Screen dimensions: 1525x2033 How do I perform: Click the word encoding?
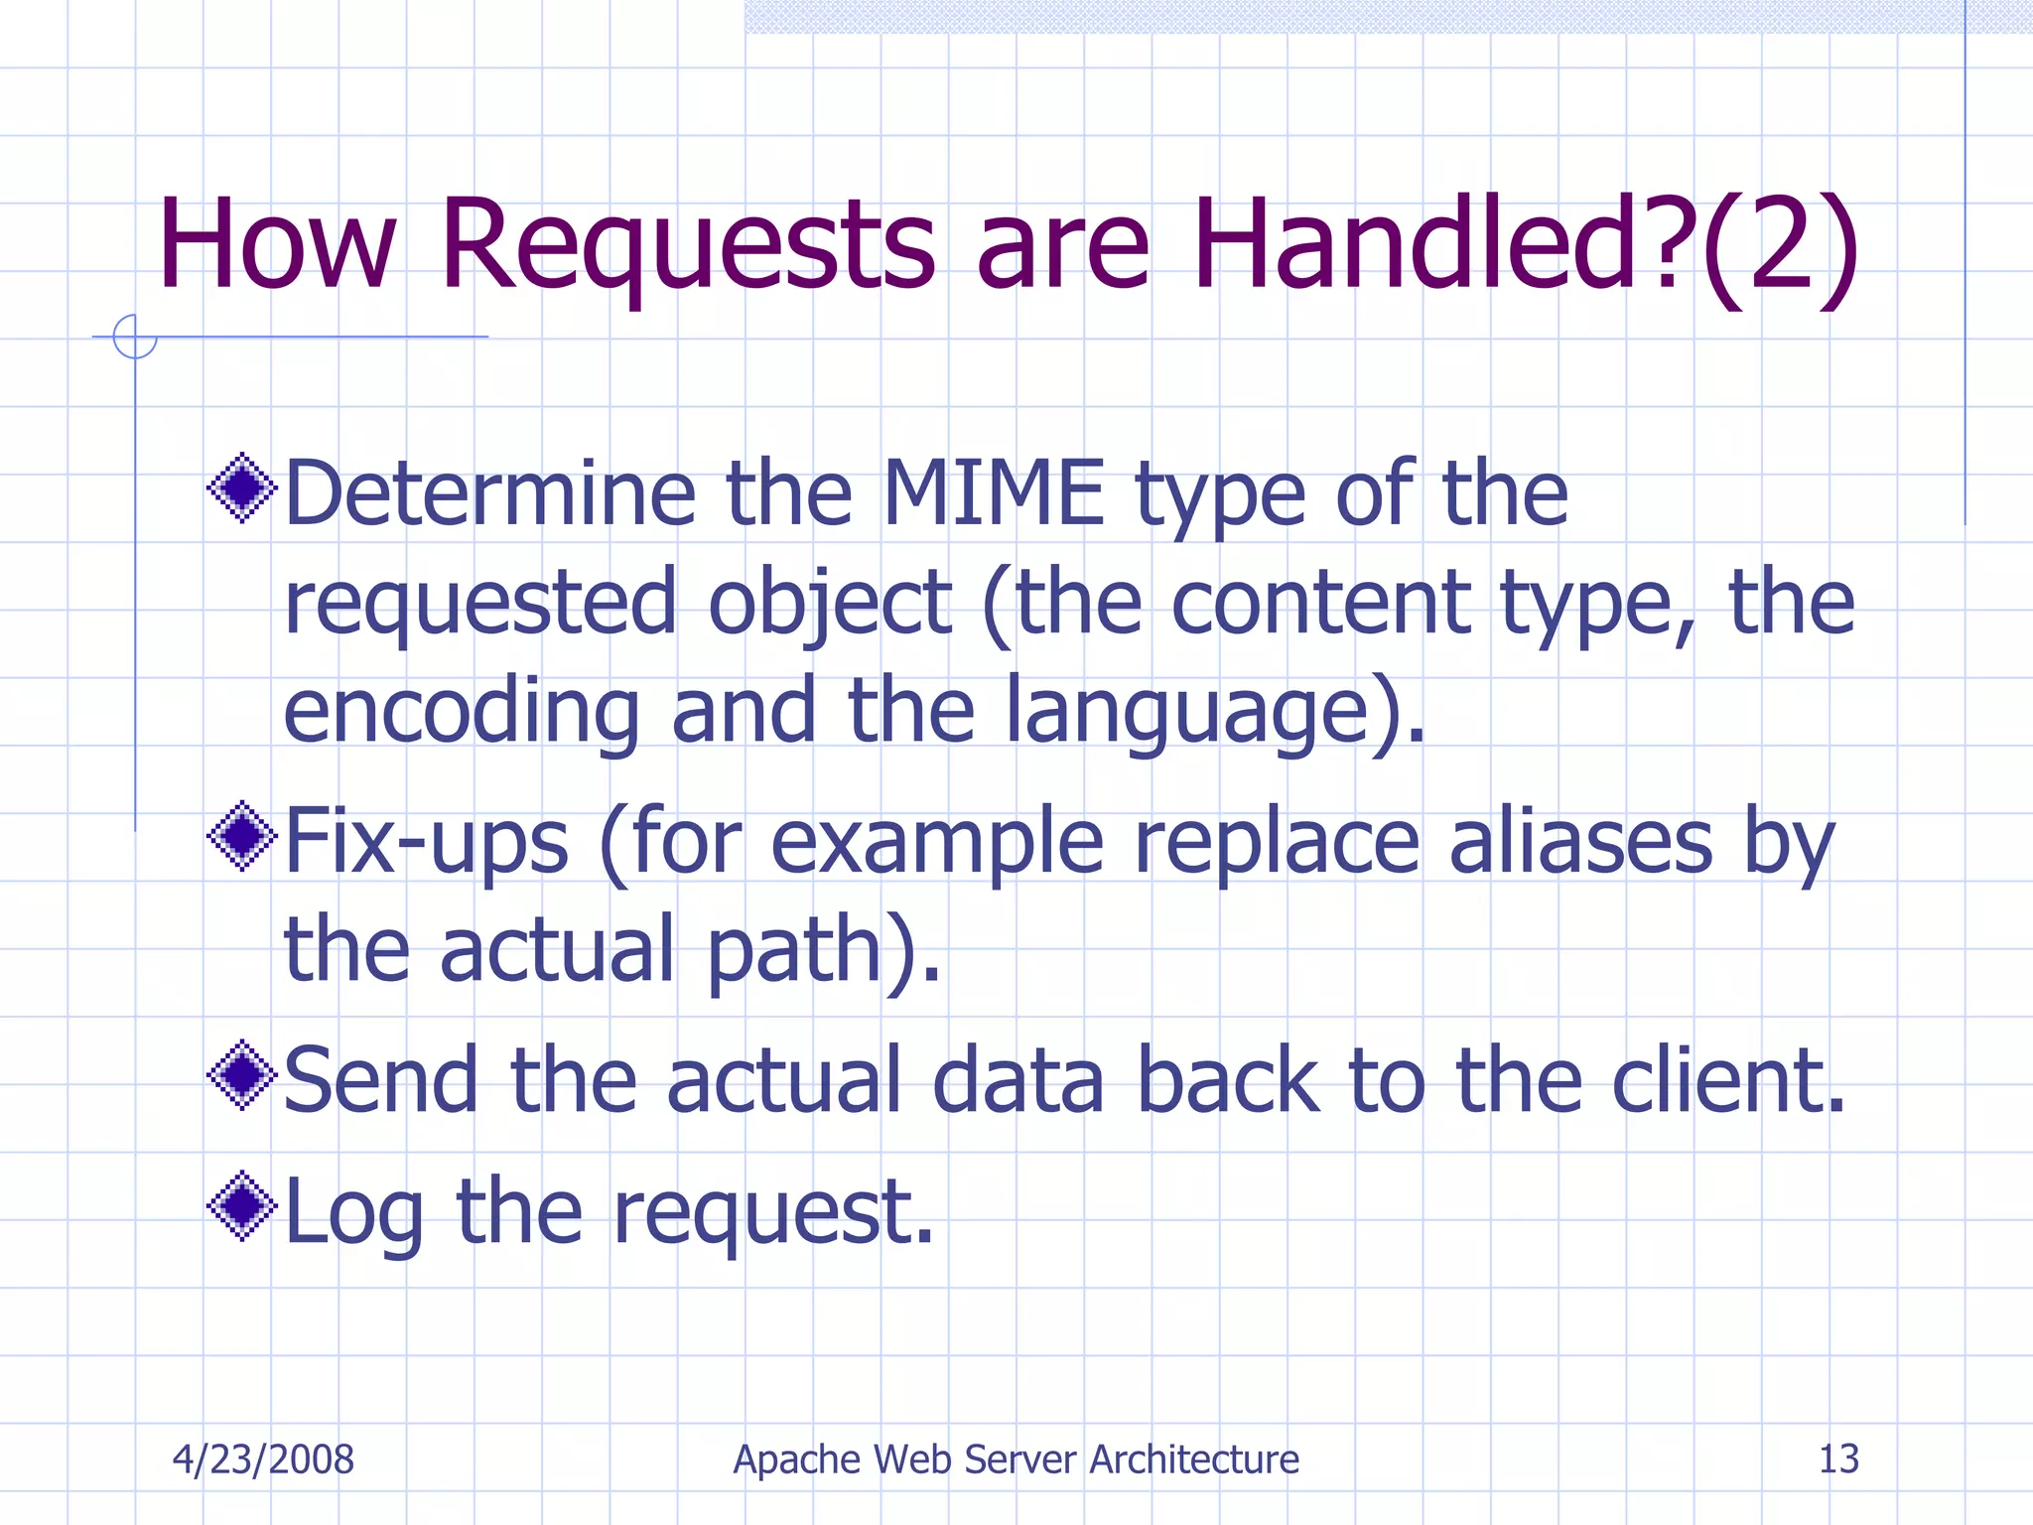[x=462, y=712]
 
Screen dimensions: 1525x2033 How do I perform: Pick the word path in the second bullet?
[x=795, y=951]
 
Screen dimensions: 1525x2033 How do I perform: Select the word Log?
[x=354, y=1212]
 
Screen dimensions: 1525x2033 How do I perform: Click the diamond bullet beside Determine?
[x=241, y=487]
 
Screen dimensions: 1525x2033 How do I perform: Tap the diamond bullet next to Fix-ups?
[x=241, y=836]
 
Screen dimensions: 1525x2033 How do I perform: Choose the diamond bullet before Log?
[x=241, y=1205]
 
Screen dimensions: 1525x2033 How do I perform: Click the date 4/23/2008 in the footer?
[x=263, y=1459]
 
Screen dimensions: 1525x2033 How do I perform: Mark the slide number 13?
[x=1837, y=1458]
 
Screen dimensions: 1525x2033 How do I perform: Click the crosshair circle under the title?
[x=135, y=337]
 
